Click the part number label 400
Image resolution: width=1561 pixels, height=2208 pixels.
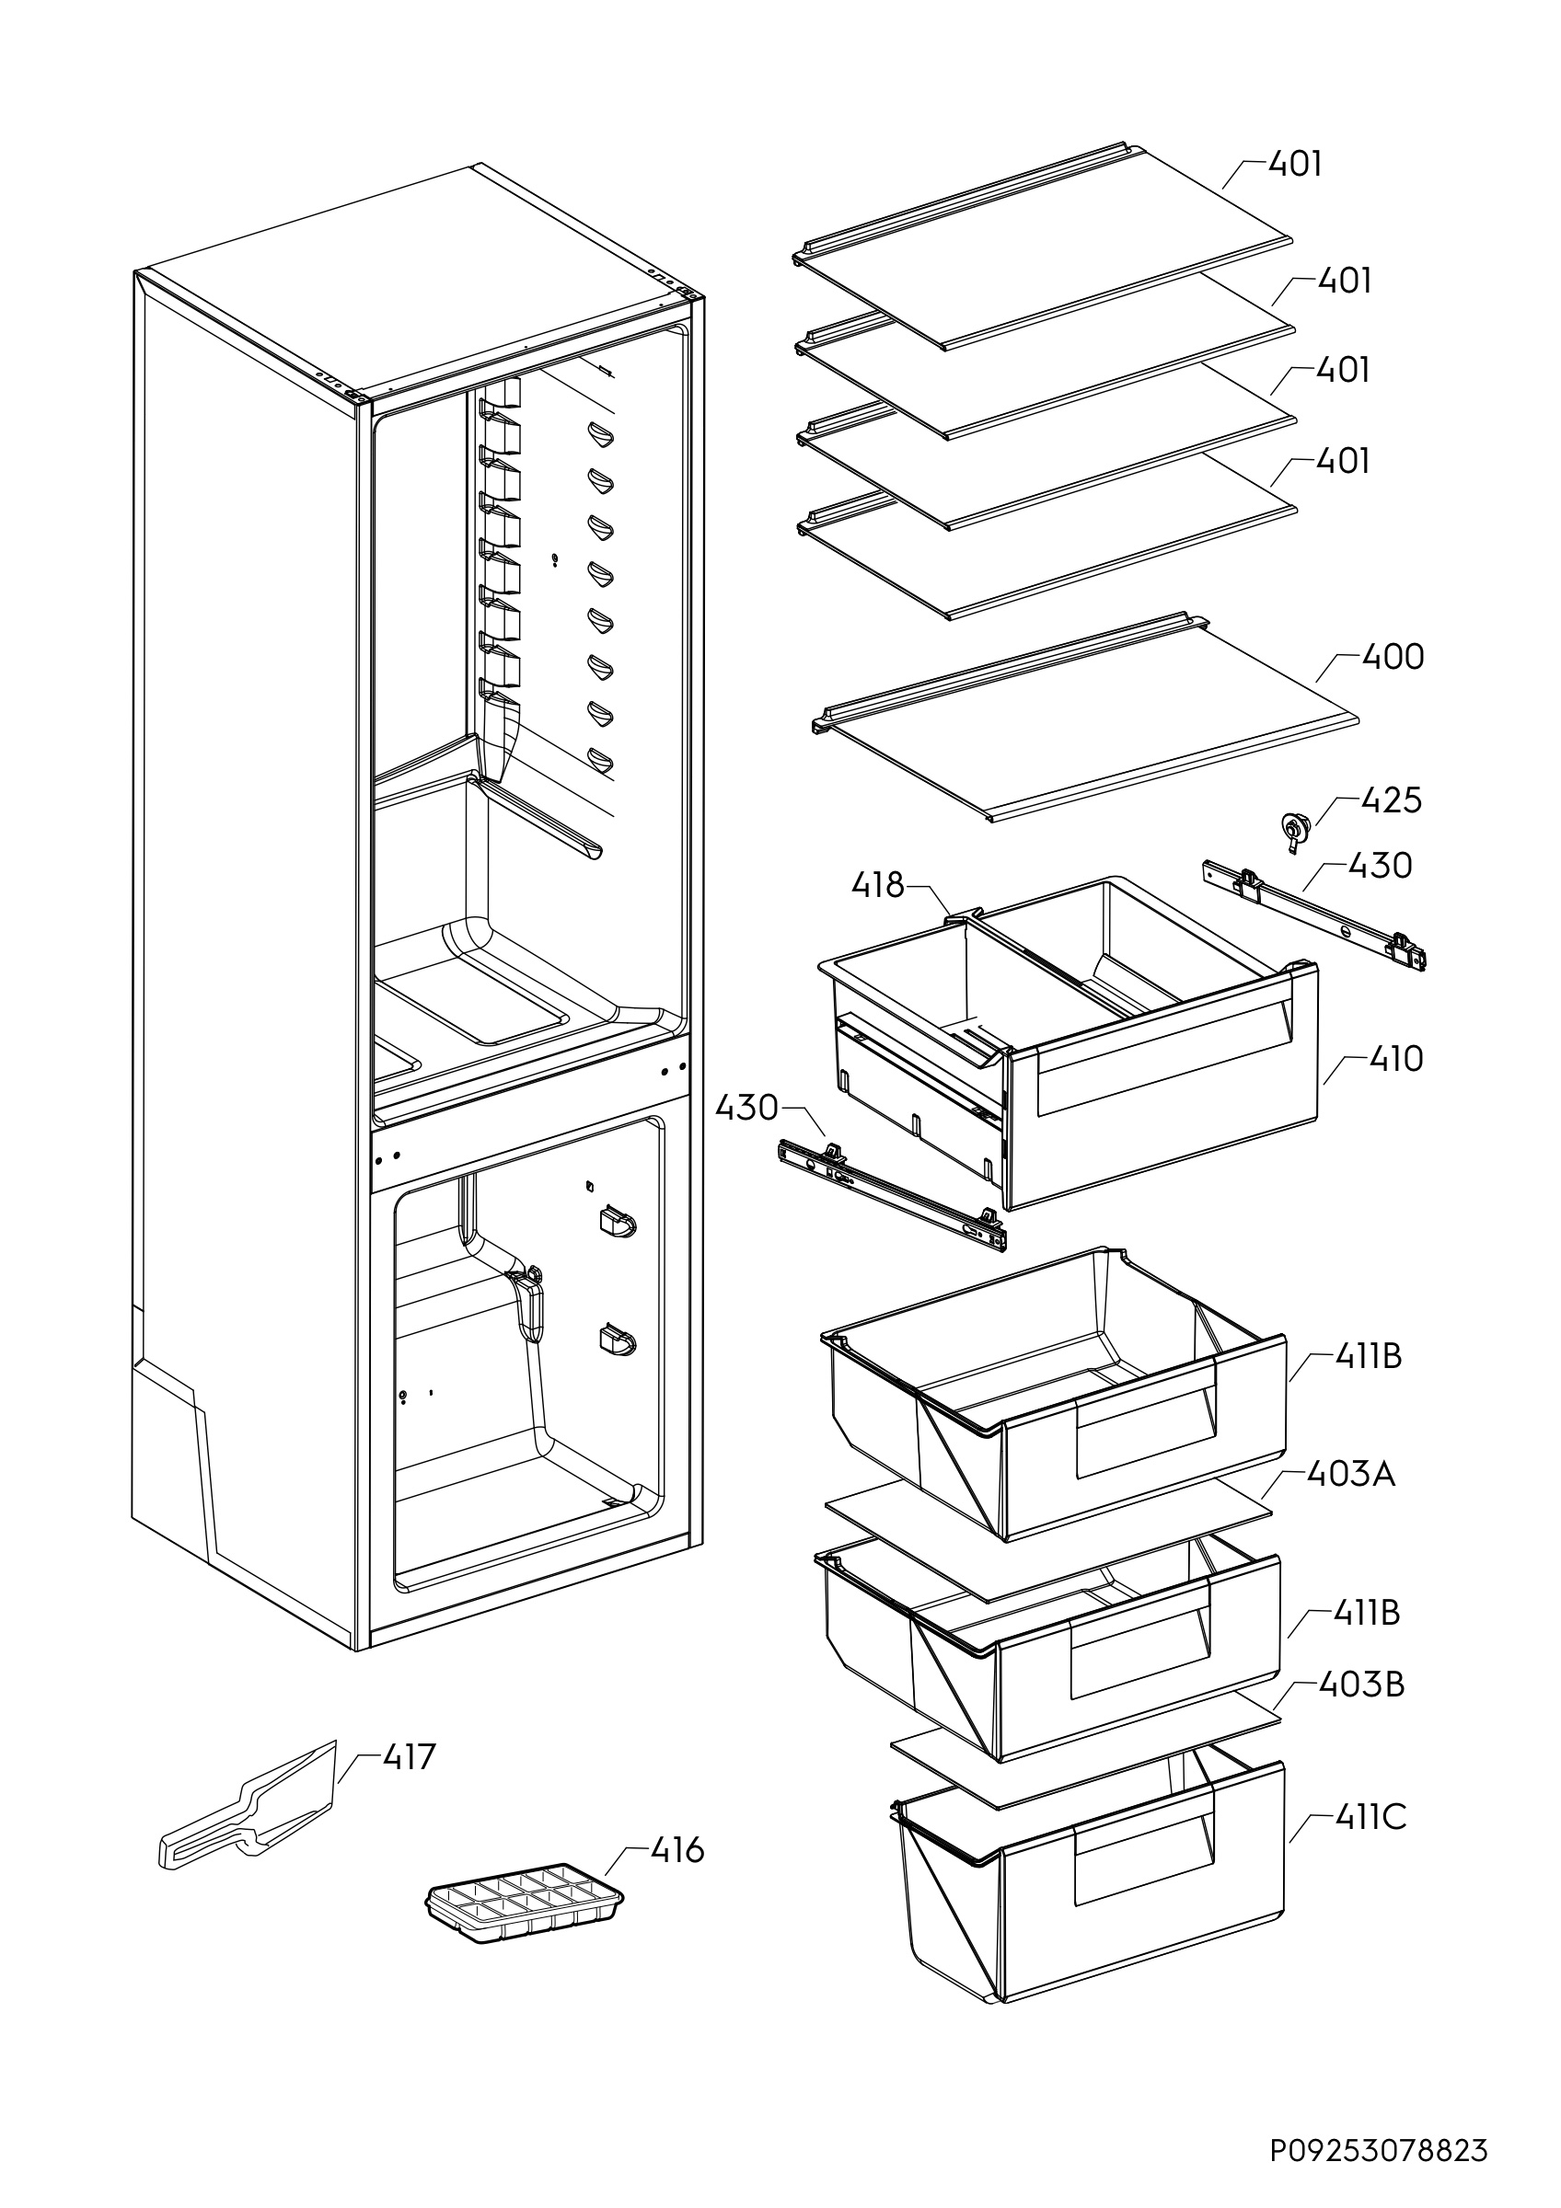click(1393, 657)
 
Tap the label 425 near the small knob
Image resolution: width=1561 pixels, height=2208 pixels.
click(1391, 800)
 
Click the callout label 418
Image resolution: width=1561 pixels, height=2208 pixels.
click(877, 885)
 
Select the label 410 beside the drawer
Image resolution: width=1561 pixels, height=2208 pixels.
click(1395, 1059)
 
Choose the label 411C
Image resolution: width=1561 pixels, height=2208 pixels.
click(1370, 1817)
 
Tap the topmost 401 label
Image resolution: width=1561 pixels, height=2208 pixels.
click(1295, 165)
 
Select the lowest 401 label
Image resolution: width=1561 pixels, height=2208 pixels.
click(1342, 462)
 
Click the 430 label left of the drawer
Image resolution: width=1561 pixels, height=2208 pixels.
click(746, 1108)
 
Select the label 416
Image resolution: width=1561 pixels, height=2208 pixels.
click(677, 1849)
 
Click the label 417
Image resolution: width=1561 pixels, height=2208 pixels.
click(409, 1757)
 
